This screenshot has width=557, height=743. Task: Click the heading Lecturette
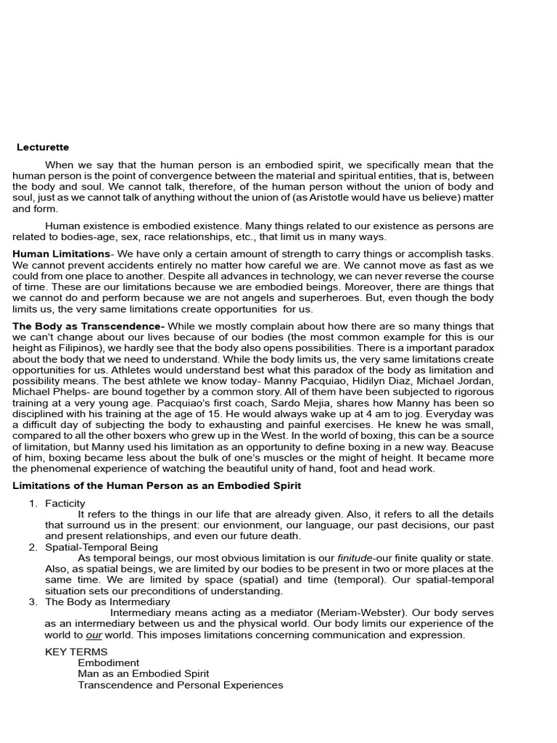click(43, 147)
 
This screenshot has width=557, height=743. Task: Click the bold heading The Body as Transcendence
click(88, 326)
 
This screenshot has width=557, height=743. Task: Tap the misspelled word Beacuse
click(473, 446)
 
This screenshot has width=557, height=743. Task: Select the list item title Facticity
click(65, 503)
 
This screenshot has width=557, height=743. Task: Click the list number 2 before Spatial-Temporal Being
click(33, 546)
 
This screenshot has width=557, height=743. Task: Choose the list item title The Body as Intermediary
click(107, 602)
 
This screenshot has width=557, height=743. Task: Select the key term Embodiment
click(109, 662)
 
